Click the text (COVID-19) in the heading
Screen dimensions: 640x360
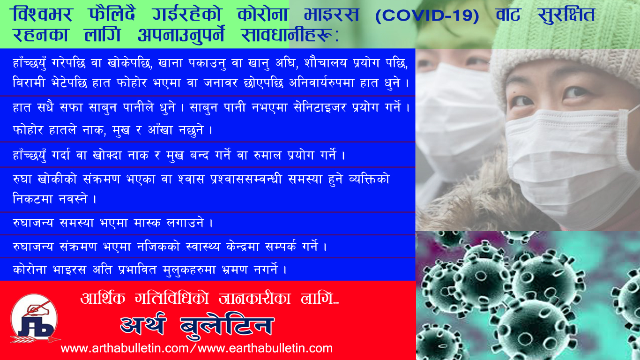click(427, 15)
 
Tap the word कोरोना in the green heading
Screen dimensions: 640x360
click(263, 15)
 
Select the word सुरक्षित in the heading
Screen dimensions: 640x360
click(566, 15)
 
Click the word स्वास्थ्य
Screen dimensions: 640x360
click(203, 247)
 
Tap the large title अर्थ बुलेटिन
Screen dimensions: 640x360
click(197, 325)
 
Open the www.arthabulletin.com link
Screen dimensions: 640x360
click(125, 348)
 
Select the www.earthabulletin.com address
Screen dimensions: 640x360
click(265, 348)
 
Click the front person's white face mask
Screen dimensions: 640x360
click(569, 160)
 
